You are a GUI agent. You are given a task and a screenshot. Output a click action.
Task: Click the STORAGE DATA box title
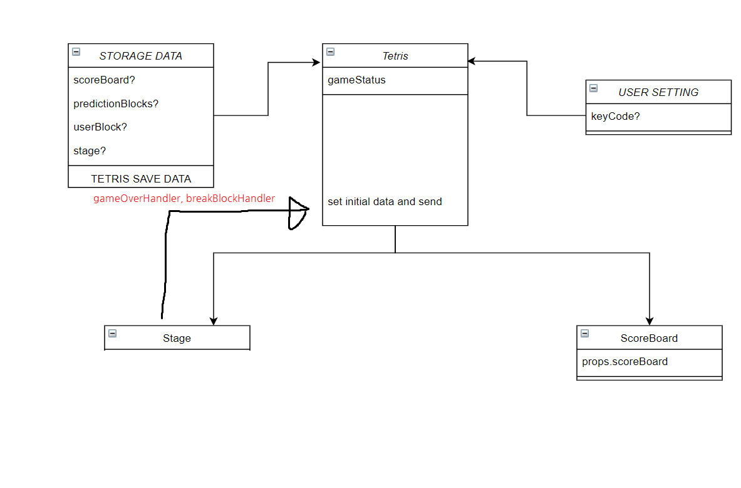click(x=140, y=56)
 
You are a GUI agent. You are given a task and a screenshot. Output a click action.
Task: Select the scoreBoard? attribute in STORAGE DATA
click(x=104, y=80)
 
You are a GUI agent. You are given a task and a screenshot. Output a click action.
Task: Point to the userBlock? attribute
click(x=100, y=127)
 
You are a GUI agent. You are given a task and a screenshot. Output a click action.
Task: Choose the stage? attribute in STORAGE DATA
click(x=90, y=151)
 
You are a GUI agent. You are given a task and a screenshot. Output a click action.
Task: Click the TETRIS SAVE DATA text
click(x=141, y=178)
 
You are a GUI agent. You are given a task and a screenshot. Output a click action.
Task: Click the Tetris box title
click(x=395, y=56)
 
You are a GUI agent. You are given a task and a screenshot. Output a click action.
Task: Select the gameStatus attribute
click(x=356, y=80)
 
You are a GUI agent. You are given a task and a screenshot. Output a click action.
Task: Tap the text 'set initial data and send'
click(x=385, y=202)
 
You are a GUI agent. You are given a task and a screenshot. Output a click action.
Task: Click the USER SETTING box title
click(x=658, y=92)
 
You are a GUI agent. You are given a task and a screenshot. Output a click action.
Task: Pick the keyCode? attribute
click(x=615, y=116)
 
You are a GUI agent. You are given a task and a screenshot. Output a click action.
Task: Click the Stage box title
click(x=177, y=338)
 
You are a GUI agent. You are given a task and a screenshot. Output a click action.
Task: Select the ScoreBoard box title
click(x=649, y=338)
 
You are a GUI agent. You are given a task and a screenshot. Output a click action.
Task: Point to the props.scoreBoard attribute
click(x=624, y=362)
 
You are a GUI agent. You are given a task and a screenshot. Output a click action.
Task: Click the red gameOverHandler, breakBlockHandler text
click(x=184, y=199)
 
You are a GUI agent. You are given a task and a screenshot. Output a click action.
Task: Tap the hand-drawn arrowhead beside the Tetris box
click(x=298, y=212)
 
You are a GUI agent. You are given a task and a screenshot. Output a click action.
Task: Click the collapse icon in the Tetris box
click(x=331, y=52)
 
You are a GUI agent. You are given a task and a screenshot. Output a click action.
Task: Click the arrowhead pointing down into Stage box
click(x=214, y=321)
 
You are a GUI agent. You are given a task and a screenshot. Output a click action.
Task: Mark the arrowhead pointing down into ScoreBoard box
click(x=650, y=321)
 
